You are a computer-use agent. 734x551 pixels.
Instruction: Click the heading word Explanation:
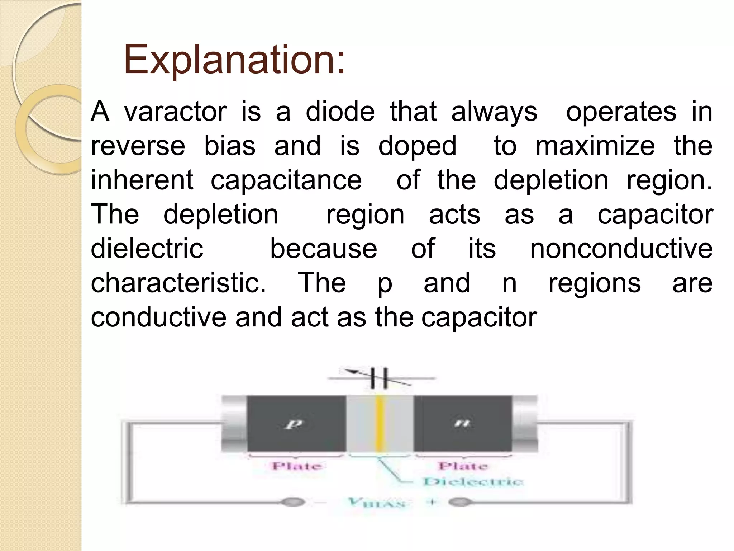[234, 59]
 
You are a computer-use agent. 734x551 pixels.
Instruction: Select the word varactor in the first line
[175, 112]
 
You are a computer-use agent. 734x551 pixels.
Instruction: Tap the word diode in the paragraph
[340, 112]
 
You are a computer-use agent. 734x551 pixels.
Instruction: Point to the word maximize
[595, 146]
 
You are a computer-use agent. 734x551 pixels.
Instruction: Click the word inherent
[142, 180]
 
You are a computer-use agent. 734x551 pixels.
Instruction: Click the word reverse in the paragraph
[138, 146]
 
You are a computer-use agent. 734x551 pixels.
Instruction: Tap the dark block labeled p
[296, 424]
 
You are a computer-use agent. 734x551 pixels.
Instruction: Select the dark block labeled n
[462, 424]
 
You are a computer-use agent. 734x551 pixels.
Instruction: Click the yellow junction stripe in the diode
[380, 424]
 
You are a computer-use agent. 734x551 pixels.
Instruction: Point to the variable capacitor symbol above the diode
[379, 378]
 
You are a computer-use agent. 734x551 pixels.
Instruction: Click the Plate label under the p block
[297, 466]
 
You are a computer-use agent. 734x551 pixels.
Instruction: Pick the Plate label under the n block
[463, 466]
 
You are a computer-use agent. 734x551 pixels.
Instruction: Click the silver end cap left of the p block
[234, 424]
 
